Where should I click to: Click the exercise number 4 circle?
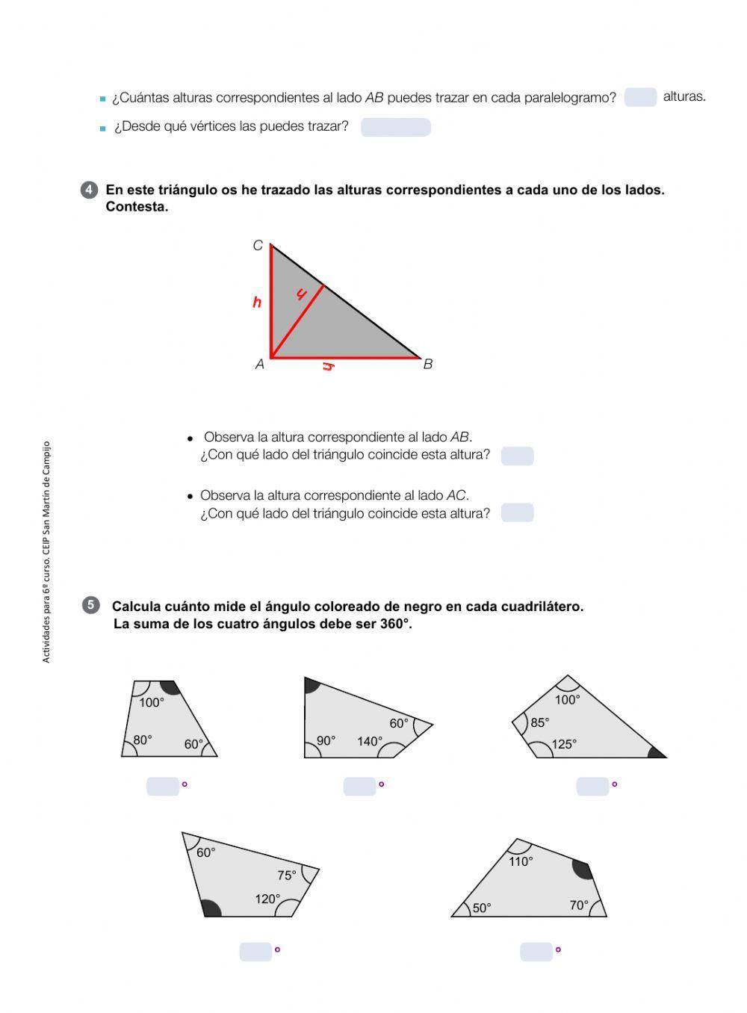click(x=89, y=190)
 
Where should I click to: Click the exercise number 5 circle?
click(x=90, y=605)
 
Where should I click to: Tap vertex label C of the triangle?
click(x=258, y=246)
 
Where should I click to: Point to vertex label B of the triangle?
click(x=428, y=365)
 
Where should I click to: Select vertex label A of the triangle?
click(x=259, y=365)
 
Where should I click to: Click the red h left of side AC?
click(x=257, y=303)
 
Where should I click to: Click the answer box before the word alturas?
click(x=640, y=97)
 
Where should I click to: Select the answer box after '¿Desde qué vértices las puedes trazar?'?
click(x=395, y=127)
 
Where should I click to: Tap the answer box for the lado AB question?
click(x=517, y=456)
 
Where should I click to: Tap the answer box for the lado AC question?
click(x=517, y=512)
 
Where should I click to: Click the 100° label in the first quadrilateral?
click(x=152, y=702)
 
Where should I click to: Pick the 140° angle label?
click(x=370, y=741)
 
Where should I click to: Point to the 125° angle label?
click(x=564, y=744)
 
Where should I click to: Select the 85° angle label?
click(x=539, y=722)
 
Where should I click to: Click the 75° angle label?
click(x=287, y=875)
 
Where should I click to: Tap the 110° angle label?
click(x=521, y=861)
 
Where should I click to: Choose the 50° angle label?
click(x=482, y=908)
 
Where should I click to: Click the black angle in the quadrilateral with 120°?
click(x=211, y=908)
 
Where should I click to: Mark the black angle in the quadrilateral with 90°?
click(x=311, y=684)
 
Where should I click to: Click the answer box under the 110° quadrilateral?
click(x=536, y=952)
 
